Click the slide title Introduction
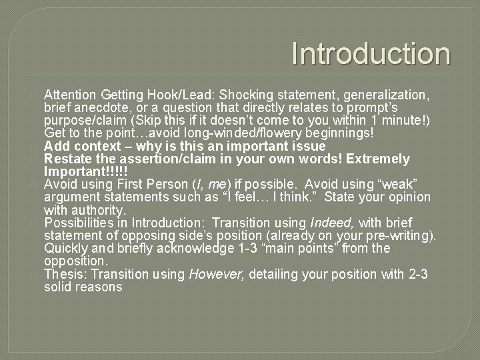[371, 54]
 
